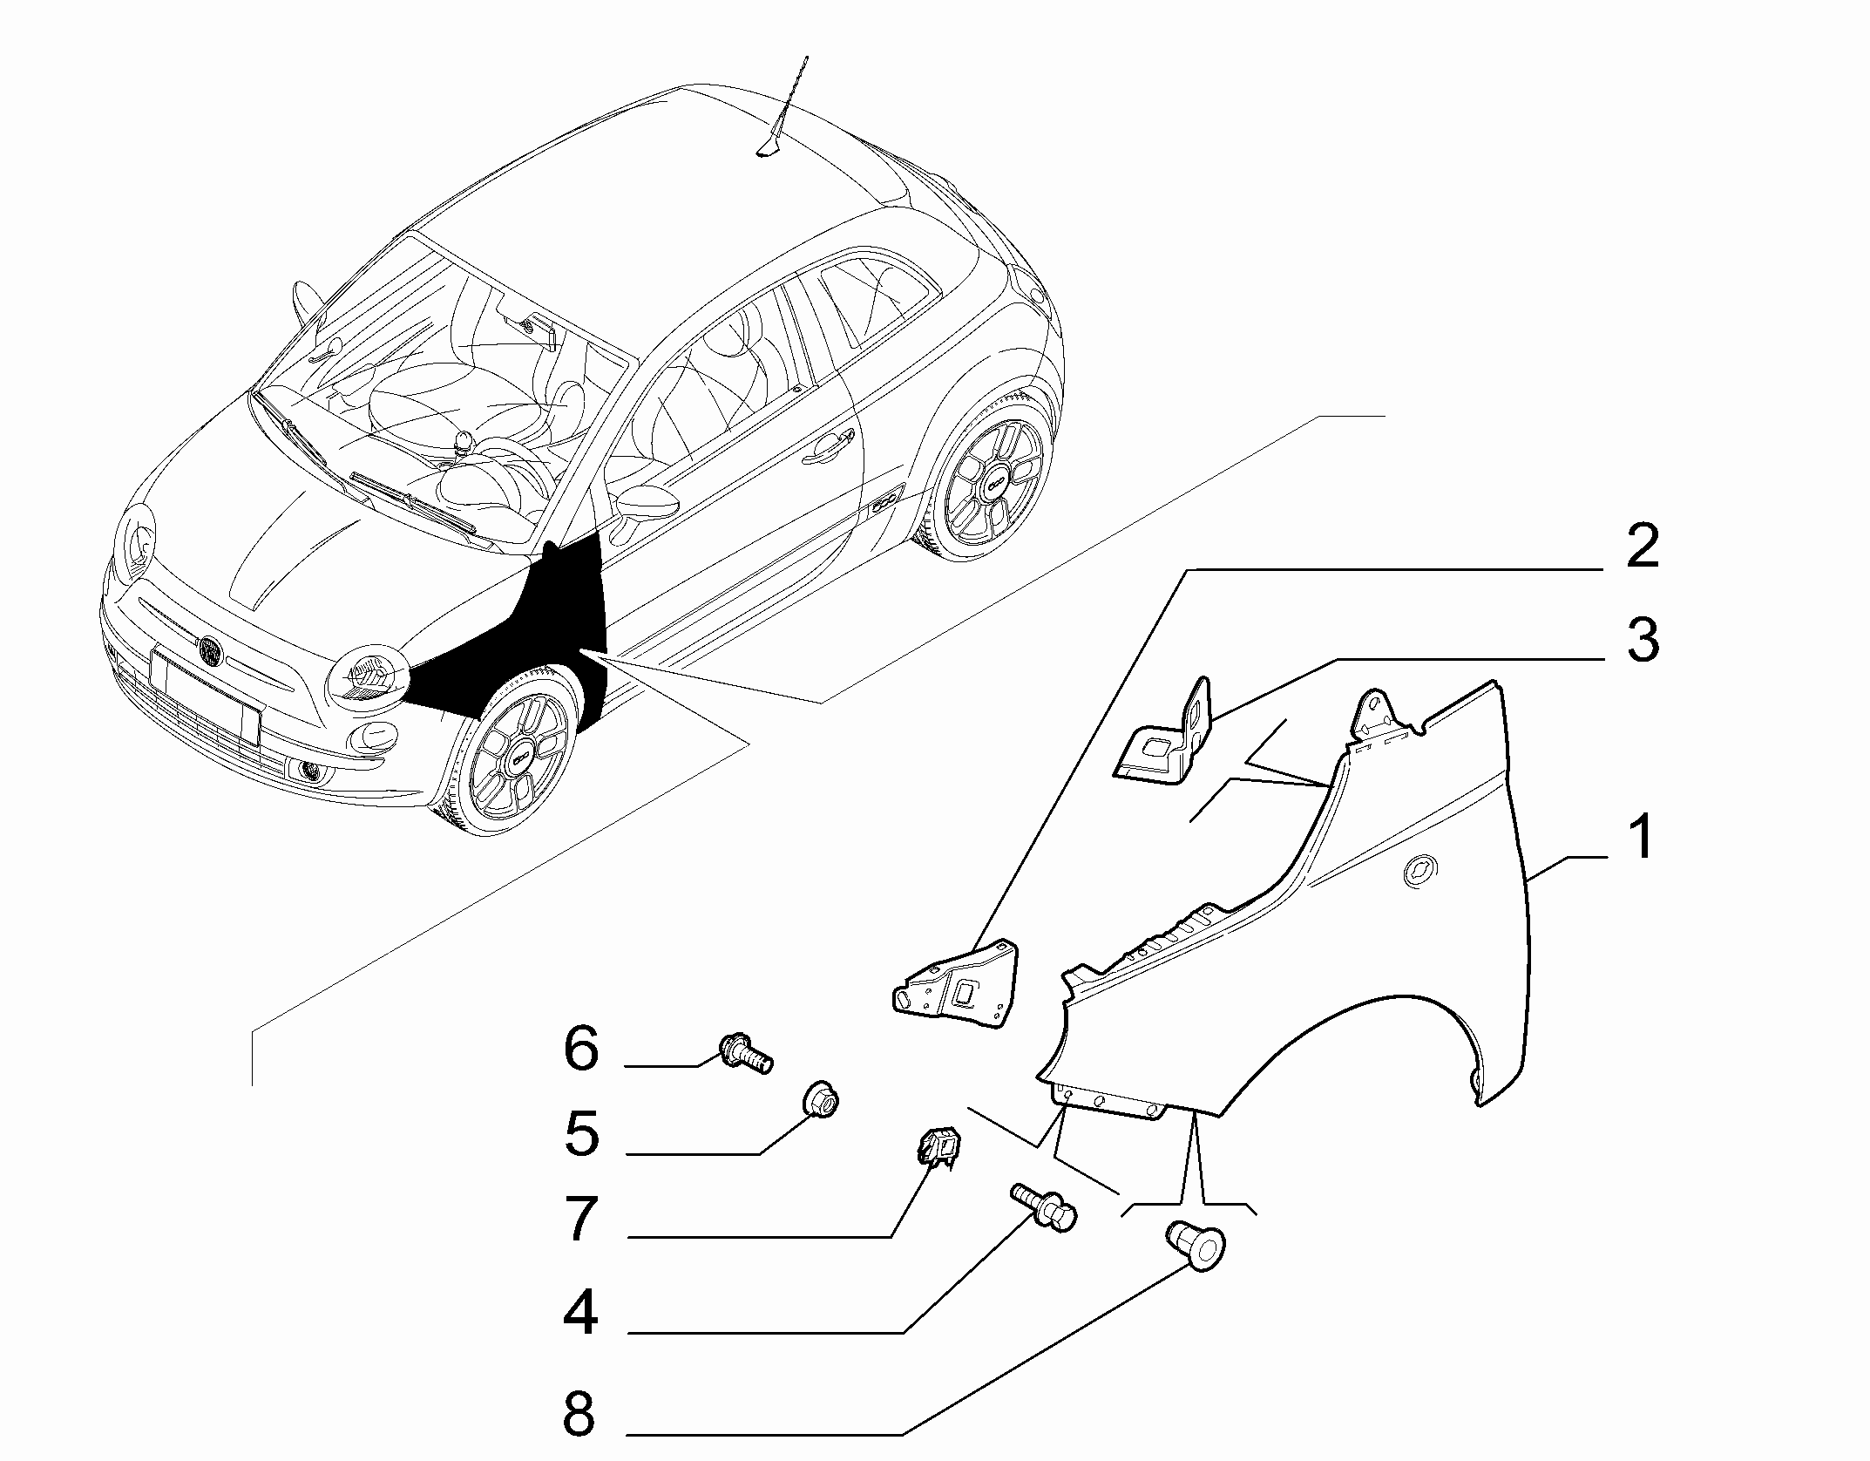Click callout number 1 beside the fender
1640,836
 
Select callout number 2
1642,547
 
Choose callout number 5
582,1134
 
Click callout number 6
582,1049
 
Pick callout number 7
582,1218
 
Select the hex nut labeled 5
820,1103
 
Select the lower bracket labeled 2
959,986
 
